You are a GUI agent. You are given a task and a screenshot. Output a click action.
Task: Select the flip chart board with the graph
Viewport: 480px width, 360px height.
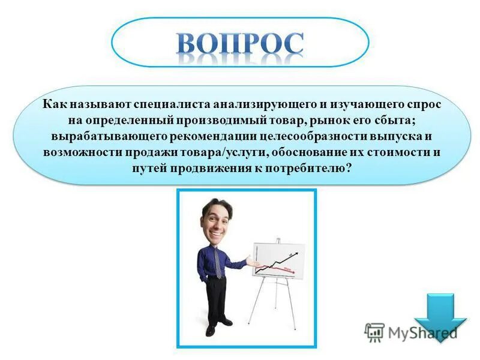(x=278, y=260)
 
